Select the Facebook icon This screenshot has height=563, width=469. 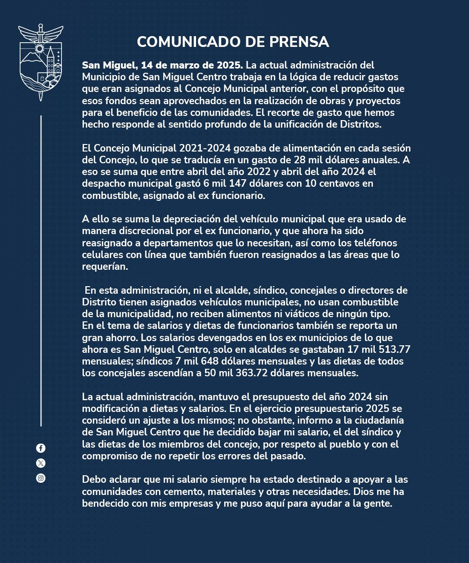(x=41, y=448)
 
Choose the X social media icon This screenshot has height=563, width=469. (x=41, y=463)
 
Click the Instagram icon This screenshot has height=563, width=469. (x=41, y=478)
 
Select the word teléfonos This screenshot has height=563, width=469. (x=372, y=243)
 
